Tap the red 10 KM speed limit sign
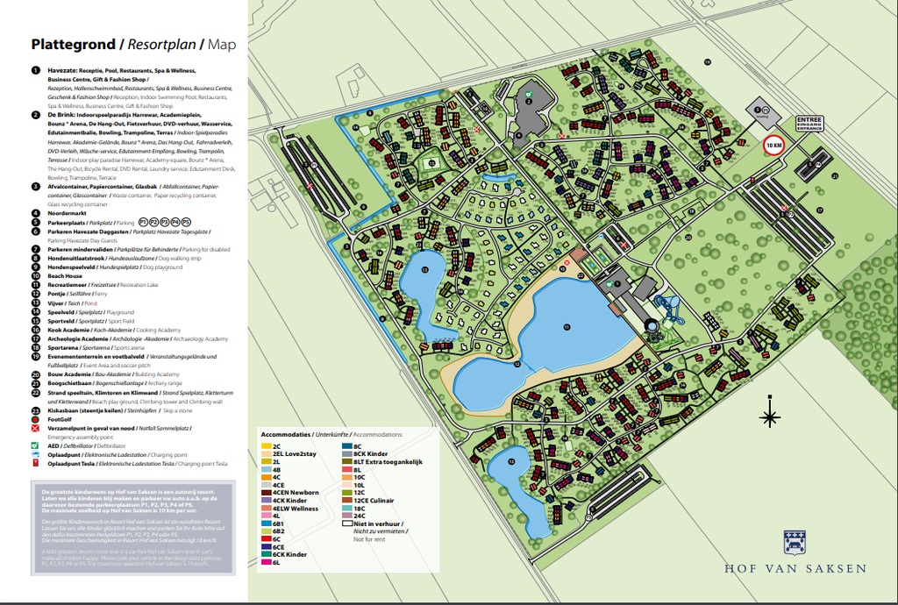click(x=773, y=146)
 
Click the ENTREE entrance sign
click(x=810, y=123)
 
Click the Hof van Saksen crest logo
click(x=795, y=541)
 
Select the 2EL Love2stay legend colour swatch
click(x=266, y=453)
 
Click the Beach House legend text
click(x=65, y=275)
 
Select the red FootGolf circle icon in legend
click(x=36, y=420)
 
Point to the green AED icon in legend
click(x=36, y=445)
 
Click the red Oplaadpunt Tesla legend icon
click(x=36, y=463)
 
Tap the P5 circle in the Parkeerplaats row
click(x=186, y=223)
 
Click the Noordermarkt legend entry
click(x=68, y=212)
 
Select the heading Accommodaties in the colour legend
click(x=287, y=434)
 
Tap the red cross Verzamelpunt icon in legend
click(x=36, y=429)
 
